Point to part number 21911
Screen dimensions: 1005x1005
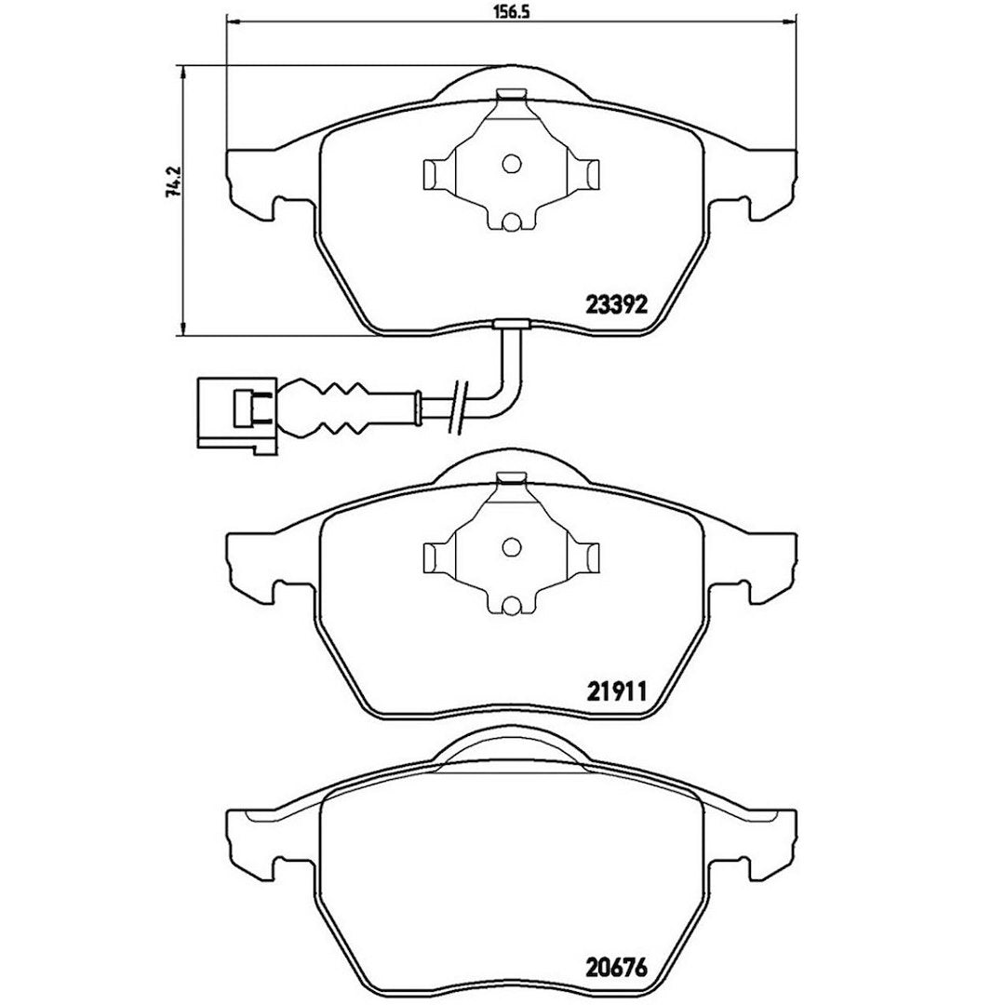tap(617, 691)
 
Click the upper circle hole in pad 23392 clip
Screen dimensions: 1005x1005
tap(511, 164)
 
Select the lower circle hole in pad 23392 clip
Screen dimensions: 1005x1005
tap(511, 222)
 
